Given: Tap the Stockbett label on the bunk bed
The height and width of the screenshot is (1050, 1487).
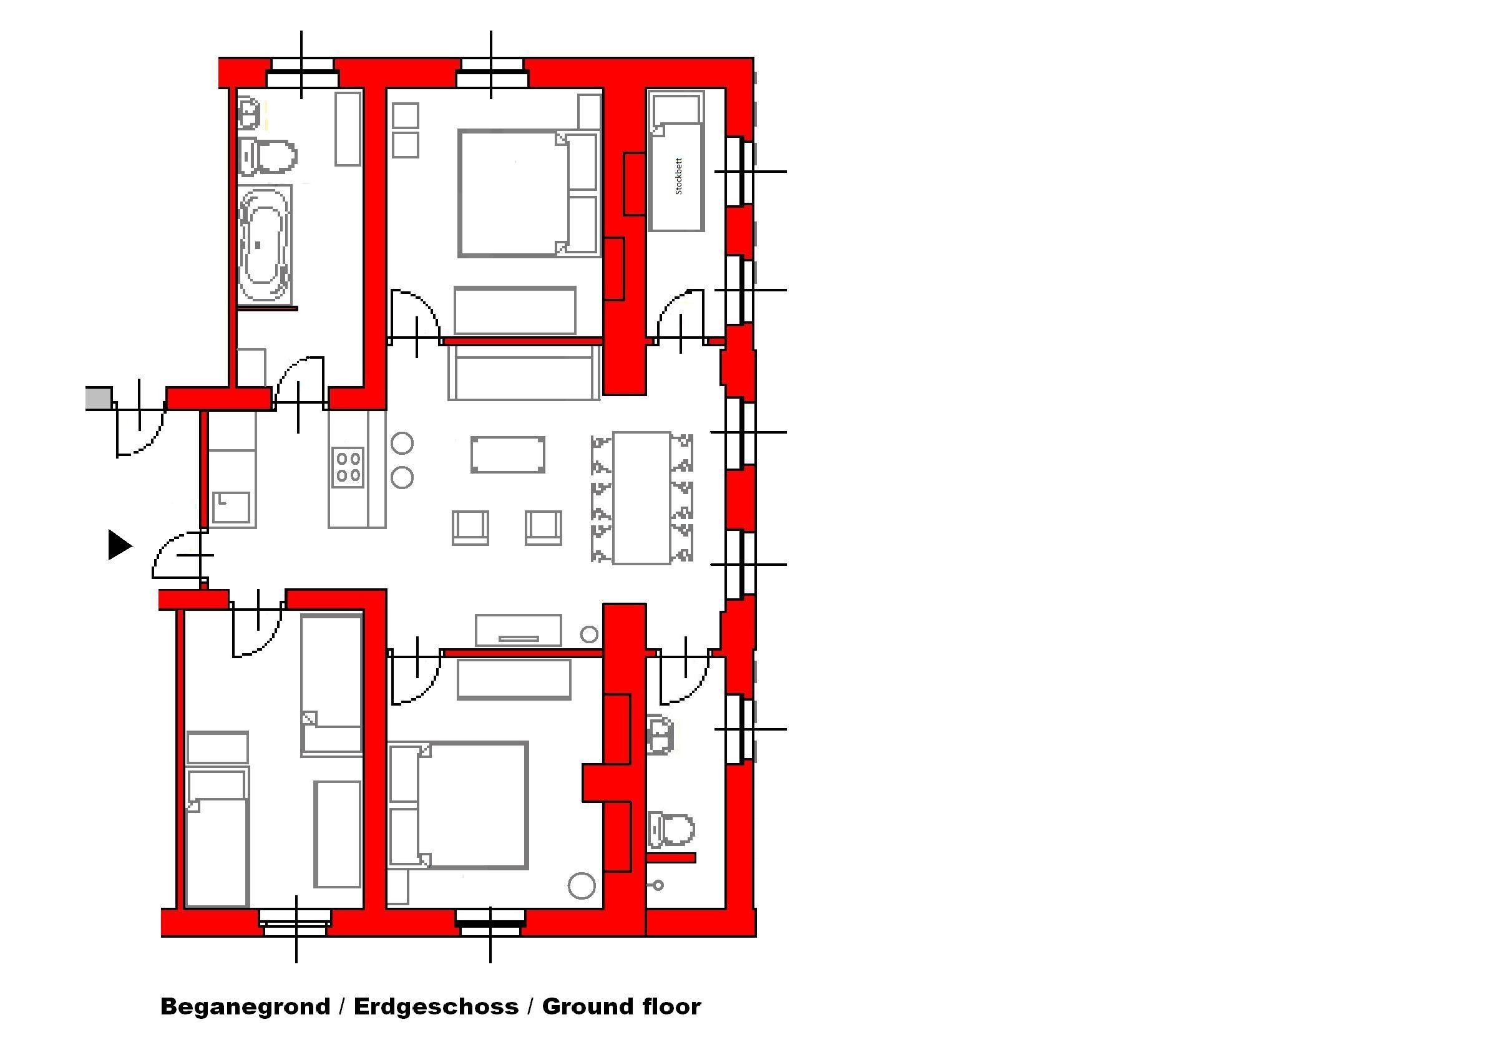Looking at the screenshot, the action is tap(679, 176).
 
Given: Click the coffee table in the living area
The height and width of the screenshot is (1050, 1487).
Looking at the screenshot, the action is tap(508, 454).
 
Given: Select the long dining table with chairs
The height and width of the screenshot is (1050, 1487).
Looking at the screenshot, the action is tap(642, 498).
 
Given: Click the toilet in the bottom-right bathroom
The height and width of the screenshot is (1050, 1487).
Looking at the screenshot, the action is tap(671, 829).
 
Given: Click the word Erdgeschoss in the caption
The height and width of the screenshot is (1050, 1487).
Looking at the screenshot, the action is tap(436, 1006).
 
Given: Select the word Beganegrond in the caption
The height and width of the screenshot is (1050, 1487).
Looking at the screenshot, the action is tap(245, 1006).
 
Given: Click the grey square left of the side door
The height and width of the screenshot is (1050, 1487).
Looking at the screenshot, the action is tap(99, 398).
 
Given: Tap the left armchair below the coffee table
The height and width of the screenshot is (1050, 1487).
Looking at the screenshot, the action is tap(470, 528).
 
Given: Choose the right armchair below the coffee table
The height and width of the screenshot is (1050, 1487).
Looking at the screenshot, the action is tap(544, 528).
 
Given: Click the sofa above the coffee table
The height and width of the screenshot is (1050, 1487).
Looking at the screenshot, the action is tap(524, 372).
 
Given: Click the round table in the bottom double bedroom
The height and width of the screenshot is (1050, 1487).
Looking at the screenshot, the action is tap(582, 886).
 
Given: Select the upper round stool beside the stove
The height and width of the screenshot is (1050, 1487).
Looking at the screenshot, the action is tap(402, 444).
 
